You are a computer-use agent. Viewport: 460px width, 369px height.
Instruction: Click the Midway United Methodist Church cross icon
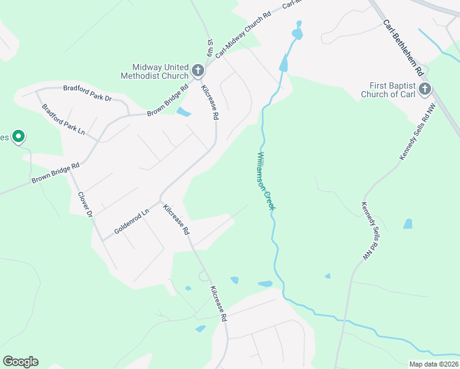tap(198, 71)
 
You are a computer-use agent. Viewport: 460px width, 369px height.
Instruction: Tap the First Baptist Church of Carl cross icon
tap(424, 90)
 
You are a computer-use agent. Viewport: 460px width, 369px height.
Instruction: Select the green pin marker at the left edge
tap(19, 137)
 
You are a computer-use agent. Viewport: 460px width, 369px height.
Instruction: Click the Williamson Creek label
tap(266, 181)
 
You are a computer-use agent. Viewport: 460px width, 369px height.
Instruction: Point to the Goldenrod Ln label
tap(132, 223)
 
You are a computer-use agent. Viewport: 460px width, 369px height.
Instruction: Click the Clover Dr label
tap(84, 205)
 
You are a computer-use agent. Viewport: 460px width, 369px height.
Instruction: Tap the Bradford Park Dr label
tap(87, 93)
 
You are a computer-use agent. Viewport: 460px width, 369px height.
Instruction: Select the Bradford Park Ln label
tap(63, 121)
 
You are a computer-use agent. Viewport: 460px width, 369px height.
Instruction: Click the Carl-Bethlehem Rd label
tap(404, 47)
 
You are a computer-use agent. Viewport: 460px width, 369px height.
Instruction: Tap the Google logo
tap(20, 362)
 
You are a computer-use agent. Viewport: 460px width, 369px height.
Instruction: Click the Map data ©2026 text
tap(434, 364)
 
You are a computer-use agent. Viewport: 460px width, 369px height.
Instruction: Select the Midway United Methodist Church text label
tap(160, 71)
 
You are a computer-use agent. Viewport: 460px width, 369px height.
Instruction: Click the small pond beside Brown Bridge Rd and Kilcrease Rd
tap(183, 112)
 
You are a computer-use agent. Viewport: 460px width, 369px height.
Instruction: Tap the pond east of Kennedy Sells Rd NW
tap(408, 224)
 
